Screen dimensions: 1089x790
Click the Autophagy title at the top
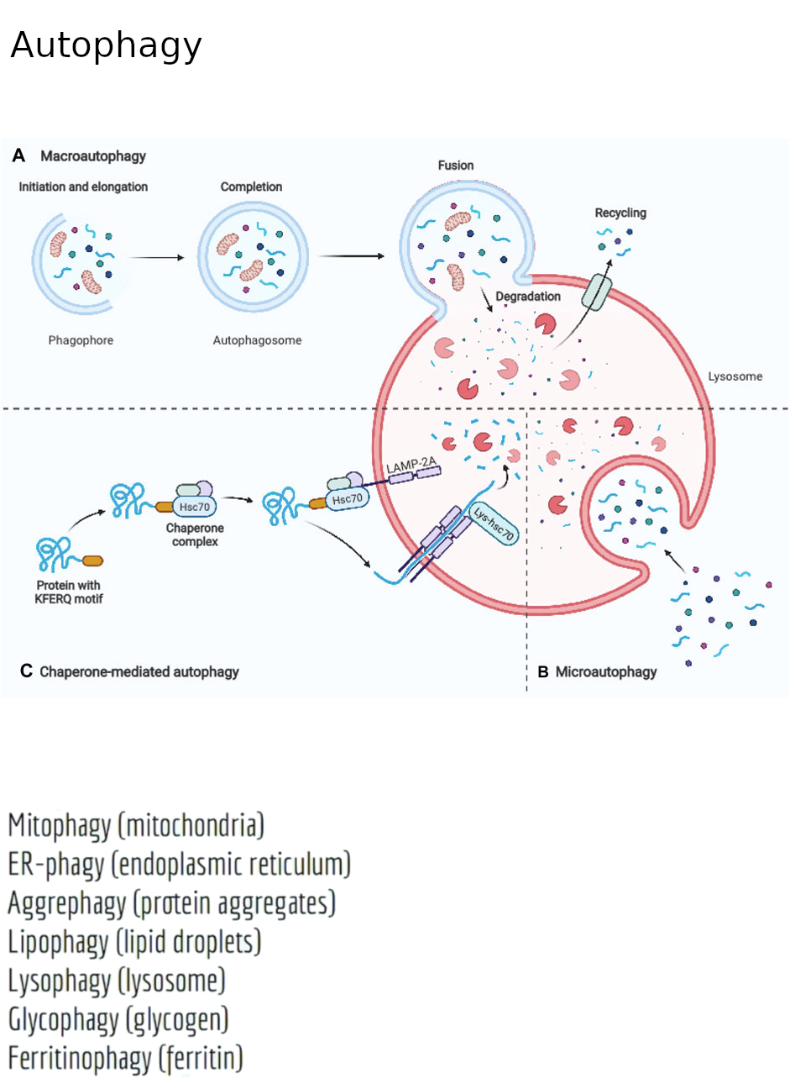point(106,46)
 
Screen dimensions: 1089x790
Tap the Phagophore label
point(81,340)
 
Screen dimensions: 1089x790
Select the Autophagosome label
point(257,340)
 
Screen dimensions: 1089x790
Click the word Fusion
point(456,166)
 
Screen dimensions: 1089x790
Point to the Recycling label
point(620,213)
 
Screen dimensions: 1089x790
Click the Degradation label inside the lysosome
point(528,297)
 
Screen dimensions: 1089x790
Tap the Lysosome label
point(735,376)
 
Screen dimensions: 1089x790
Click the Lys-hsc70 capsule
point(494,523)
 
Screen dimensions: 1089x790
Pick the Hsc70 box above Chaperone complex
point(195,507)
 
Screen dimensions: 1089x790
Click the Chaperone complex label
point(195,535)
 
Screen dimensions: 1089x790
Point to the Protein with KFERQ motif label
point(69,592)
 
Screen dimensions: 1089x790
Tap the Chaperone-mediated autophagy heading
point(139,671)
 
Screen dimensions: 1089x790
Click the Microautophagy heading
point(606,671)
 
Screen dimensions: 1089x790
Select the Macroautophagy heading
point(93,156)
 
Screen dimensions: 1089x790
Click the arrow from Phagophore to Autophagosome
point(157,258)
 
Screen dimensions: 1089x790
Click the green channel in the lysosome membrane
point(598,291)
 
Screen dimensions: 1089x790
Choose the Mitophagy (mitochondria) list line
point(136,825)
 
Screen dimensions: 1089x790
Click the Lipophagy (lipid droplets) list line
point(134,942)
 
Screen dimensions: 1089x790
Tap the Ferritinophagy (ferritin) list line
point(125,1058)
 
